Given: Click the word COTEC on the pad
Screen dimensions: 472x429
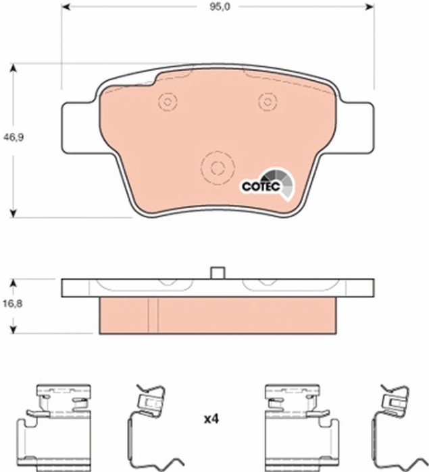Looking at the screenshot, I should pyautogui.click(x=257, y=186).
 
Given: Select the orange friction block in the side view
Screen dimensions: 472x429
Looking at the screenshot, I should pyautogui.click(x=217, y=315).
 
